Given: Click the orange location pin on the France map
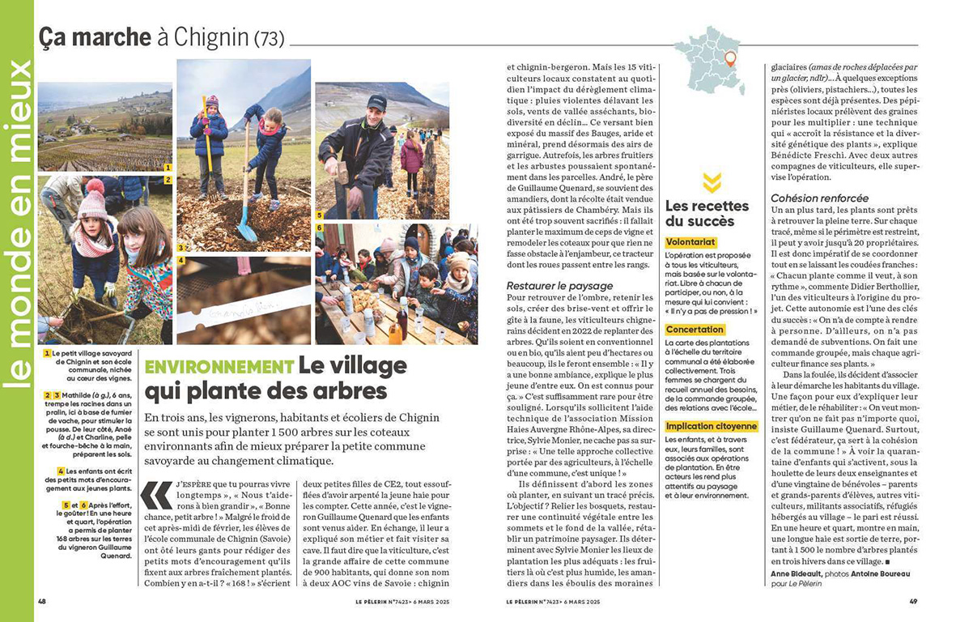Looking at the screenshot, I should pyautogui.click(x=729, y=58).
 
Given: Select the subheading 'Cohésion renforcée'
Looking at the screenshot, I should pyautogui.click(x=819, y=198).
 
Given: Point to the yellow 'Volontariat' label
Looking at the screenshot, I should pyautogui.click(x=690, y=242).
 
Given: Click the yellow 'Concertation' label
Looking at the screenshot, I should pyautogui.click(x=695, y=330).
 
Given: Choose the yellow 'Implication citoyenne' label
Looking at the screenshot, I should pyautogui.click(x=711, y=426).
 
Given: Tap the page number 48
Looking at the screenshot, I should pyautogui.click(x=43, y=602).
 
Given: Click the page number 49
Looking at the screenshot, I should pyautogui.click(x=912, y=602).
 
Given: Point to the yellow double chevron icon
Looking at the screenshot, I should pyautogui.click(x=712, y=183).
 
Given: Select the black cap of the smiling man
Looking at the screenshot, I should pyautogui.click(x=376, y=102).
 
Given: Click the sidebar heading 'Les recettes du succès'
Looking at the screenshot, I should pyautogui.click(x=699, y=213).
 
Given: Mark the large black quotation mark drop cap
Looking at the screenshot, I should pyautogui.click(x=155, y=496).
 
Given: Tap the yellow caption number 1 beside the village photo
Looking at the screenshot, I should pyautogui.click(x=167, y=168).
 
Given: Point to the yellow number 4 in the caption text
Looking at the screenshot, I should pyautogui.click(x=61, y=471).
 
